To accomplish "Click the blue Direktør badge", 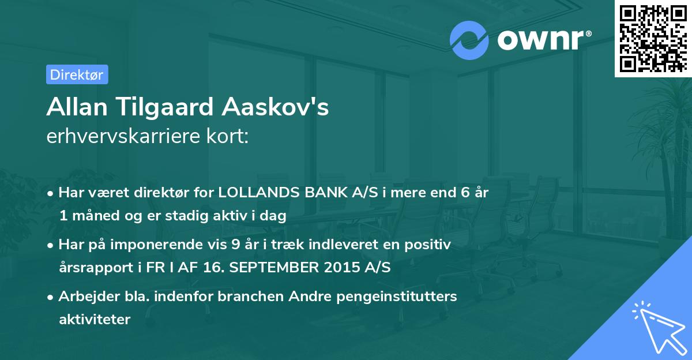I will (x=77, y=74).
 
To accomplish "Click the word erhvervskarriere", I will (x=125, y=137).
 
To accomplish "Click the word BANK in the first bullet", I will (x=326, y=193).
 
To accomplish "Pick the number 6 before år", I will (x=465, y=193).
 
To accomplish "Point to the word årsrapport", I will (x=90, y=267).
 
